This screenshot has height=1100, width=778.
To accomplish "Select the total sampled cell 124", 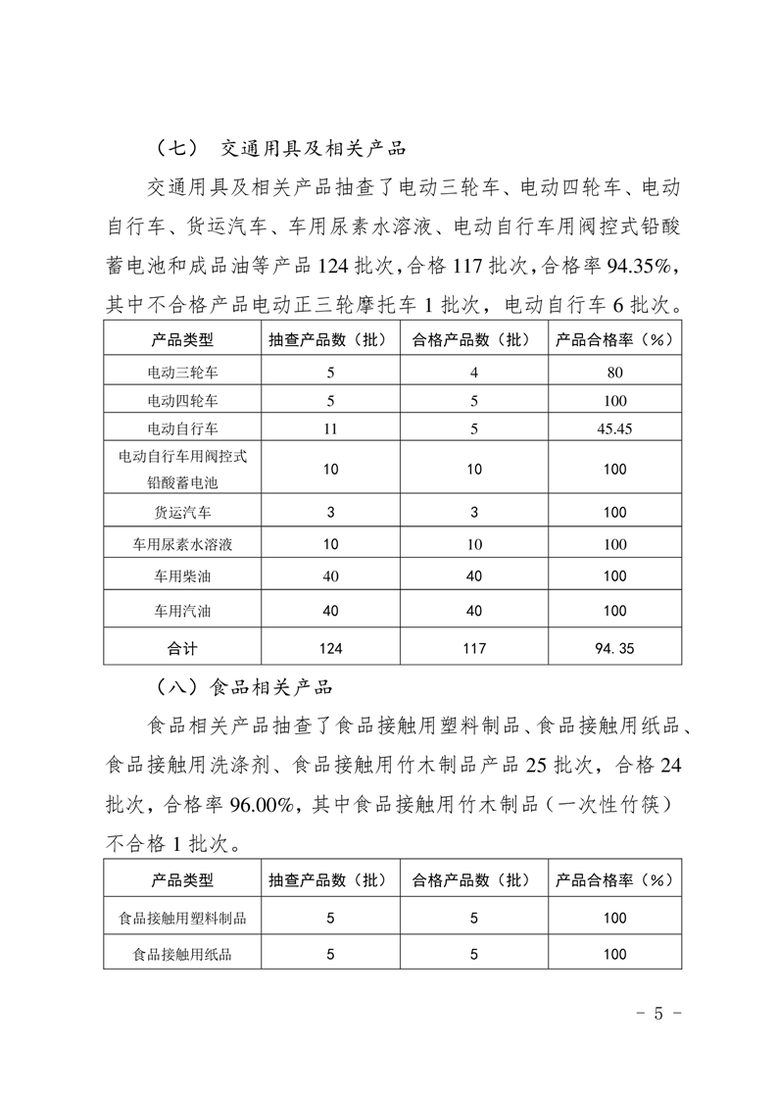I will click(330, 648).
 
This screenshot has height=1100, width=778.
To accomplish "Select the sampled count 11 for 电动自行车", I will click(330, 428).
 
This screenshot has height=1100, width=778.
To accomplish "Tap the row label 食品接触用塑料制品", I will click(182, 919).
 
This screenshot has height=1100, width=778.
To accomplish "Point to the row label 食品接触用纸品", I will click(182, 953).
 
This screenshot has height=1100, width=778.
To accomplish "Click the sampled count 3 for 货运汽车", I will click(330, 512).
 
